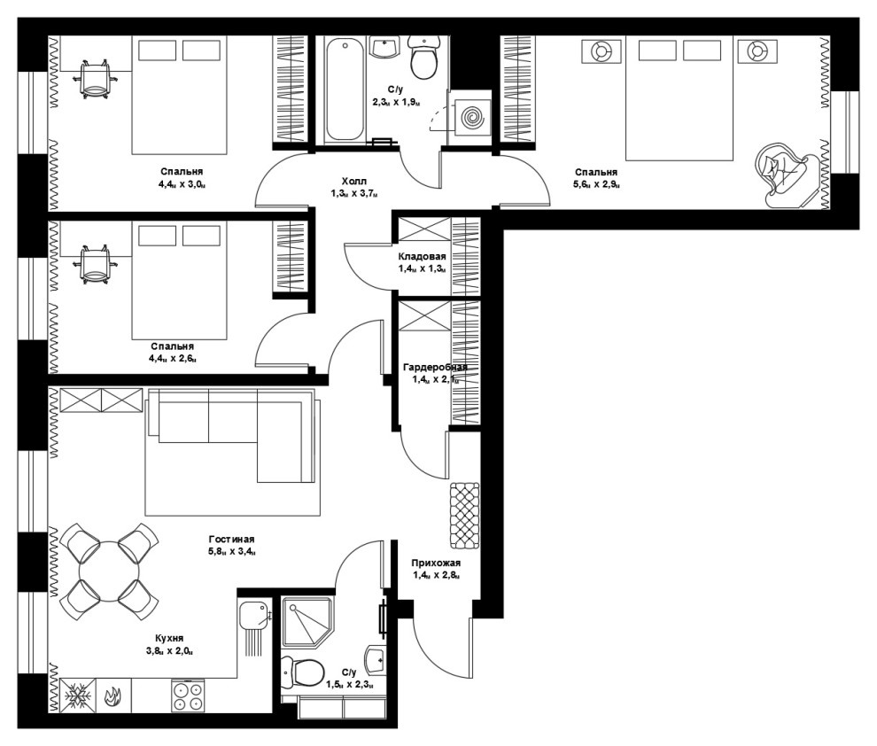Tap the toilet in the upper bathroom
[424, 57]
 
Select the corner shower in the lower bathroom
[307, 622]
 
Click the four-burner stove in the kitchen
[188, 695]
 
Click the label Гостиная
[231, 540]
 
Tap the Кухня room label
[169, 638]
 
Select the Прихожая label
[436, 563]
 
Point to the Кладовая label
[423, 257]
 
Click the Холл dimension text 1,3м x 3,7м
[354, 194]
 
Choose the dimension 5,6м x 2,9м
[596, 184]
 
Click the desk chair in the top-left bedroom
[95, 79]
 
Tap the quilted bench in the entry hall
[465, 515]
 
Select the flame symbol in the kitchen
[113, 696]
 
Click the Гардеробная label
[435, 368]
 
